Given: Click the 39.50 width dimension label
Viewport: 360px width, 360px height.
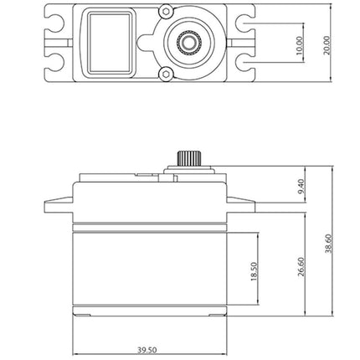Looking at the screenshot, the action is coord(147,350).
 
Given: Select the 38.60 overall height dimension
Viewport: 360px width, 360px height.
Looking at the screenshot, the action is coord(330,244).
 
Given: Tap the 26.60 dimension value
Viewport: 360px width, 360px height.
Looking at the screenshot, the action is coord(301,267).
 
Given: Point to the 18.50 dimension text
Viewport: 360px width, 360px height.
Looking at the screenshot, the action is coord(254,271).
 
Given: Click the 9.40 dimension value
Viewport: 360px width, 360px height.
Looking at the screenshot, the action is coord(301,187).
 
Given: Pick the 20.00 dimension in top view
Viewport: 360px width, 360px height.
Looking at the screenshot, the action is coord(327,45).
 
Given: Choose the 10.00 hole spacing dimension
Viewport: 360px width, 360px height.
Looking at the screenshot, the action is coord(299,45).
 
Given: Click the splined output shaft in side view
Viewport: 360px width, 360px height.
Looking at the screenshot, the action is coord(189,158).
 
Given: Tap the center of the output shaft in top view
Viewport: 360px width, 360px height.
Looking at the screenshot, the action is coord(189,43).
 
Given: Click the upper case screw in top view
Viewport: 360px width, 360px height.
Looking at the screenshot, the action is coord(166,12).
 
